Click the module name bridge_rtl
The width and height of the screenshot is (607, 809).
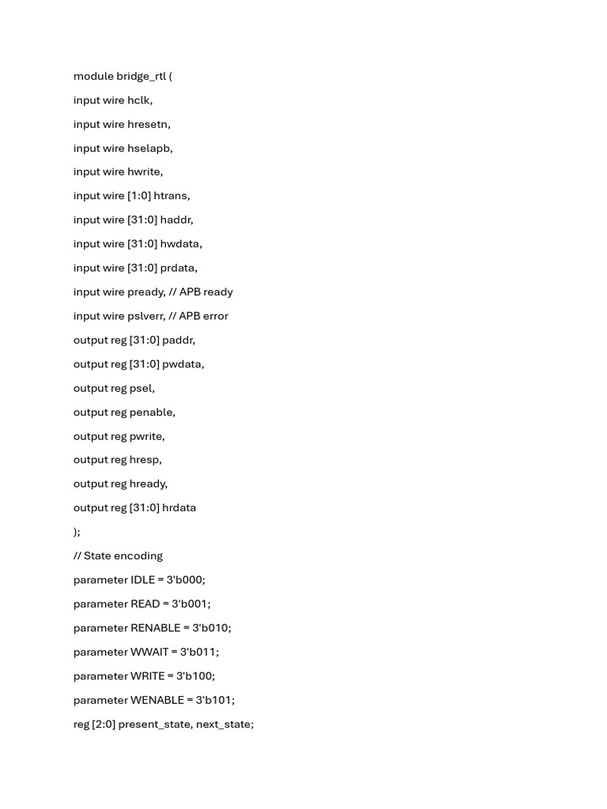141,77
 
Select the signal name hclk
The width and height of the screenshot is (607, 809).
139,100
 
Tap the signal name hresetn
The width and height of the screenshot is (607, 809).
148,124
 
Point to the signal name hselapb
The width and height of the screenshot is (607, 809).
149,148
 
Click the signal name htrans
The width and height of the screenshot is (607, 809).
172,196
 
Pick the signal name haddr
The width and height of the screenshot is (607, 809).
176,220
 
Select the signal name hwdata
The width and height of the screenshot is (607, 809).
181,244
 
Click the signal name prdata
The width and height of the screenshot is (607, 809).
179,268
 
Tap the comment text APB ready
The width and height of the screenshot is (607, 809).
206,292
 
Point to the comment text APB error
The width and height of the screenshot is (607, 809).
204,316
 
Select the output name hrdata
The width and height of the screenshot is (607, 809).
179,508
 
